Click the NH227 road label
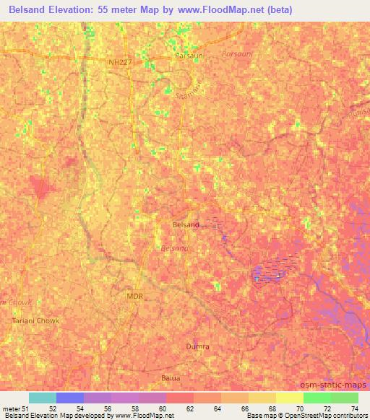pyautogui.click(x=121, y=63)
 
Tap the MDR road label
pyautogui.click(x=134, y=296)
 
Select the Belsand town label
pyautogui.click(x=186, y=224)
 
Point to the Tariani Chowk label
pyautogui.click(x=36, y=320)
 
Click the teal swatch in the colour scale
pyautogui.click(x=42, y=398)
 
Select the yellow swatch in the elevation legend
pyautogui.click(x=289, y=398)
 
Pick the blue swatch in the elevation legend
pyautogui.click(x=69, y=398)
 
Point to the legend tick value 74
pyautogui.click(x=354, y=408)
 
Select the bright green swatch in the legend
pyautogui.click(x=317, y=398)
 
